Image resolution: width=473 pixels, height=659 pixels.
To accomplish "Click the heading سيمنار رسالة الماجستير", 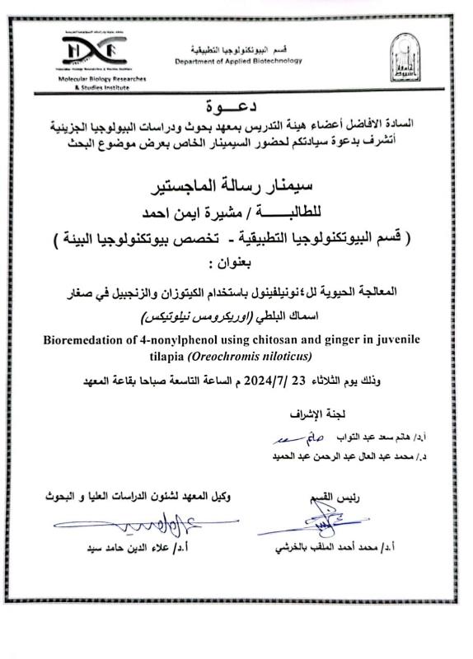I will (234, 182).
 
